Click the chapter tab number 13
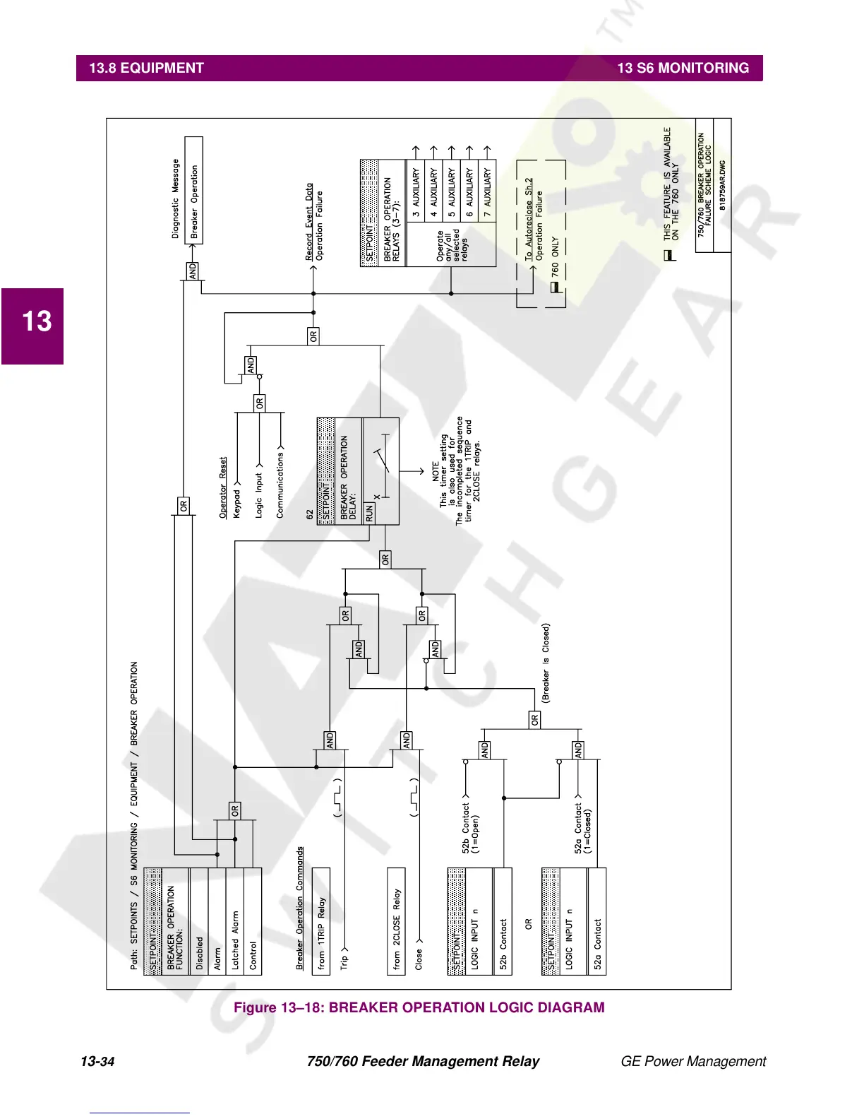click(x=37, y=321)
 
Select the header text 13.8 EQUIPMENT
click(x=146, y=68)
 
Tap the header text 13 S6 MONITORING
click(x=683, y=68)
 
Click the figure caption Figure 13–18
click(x=419, y=1007)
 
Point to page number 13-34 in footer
click(x=97, y=1061)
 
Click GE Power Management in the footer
click(x=693, y=1061)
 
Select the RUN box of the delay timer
click(x=369, y=513)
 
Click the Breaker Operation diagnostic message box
click(x=194, y=191)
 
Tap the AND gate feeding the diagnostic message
click(x=193, y=271)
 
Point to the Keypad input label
click(x=236, y=504)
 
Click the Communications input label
click(x=280, y=486)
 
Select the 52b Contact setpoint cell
click(x=503, y=943)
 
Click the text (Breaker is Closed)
click(x=546, y=663)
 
